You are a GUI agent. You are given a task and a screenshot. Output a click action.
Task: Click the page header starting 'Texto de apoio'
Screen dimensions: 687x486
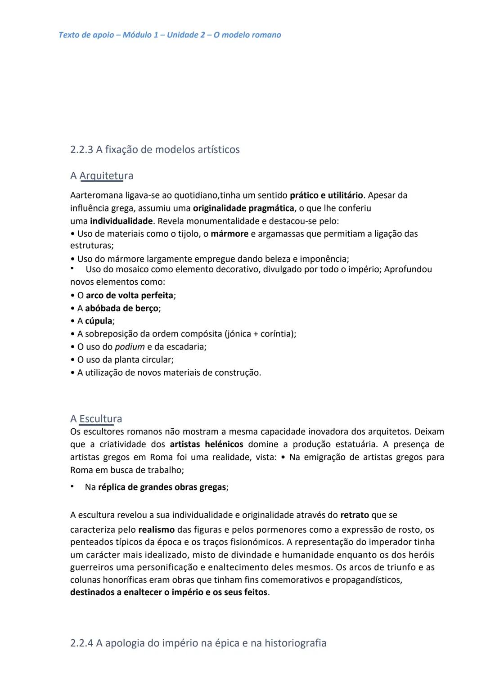[170, 35]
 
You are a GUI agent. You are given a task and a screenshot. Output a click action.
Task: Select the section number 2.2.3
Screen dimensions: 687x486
[81, 150]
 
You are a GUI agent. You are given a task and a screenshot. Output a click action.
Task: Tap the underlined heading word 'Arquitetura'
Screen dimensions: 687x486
[106, 176]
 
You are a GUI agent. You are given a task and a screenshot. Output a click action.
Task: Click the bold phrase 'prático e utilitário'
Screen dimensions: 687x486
[326, 195]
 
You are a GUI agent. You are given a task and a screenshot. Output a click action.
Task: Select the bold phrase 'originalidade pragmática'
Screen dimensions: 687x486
[243, 208]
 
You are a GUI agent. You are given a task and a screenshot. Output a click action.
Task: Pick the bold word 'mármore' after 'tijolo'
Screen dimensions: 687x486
[229, 234]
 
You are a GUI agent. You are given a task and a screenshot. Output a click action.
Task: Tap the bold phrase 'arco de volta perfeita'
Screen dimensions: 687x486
[129, 296]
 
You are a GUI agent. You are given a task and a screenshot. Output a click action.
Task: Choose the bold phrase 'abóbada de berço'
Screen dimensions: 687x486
[121, 309]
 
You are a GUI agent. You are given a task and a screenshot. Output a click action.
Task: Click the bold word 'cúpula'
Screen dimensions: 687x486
[99, 321]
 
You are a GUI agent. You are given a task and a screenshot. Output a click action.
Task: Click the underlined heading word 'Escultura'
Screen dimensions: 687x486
[100, 419]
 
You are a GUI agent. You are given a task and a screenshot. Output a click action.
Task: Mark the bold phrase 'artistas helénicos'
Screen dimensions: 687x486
[206, 445]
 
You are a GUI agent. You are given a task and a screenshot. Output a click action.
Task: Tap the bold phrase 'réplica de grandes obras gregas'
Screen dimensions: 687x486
[162, 487]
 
